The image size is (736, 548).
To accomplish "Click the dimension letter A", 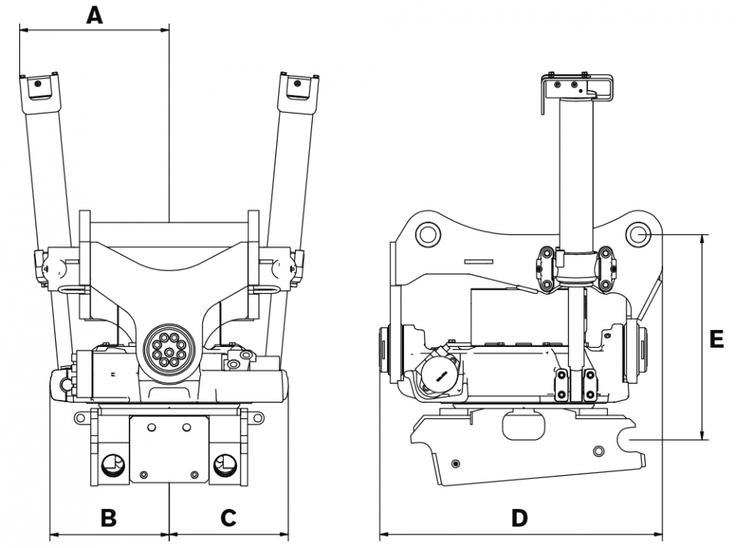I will click(94, 15).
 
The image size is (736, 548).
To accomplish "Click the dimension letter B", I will click(109, 518).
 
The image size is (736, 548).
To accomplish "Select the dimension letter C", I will click(228, 518).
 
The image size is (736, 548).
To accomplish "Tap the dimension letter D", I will click(520, 518).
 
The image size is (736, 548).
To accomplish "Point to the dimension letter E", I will click(716, 339).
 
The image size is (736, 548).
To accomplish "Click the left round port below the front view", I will click(112, 465).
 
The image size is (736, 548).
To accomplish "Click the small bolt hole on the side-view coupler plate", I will click(457, 463).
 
